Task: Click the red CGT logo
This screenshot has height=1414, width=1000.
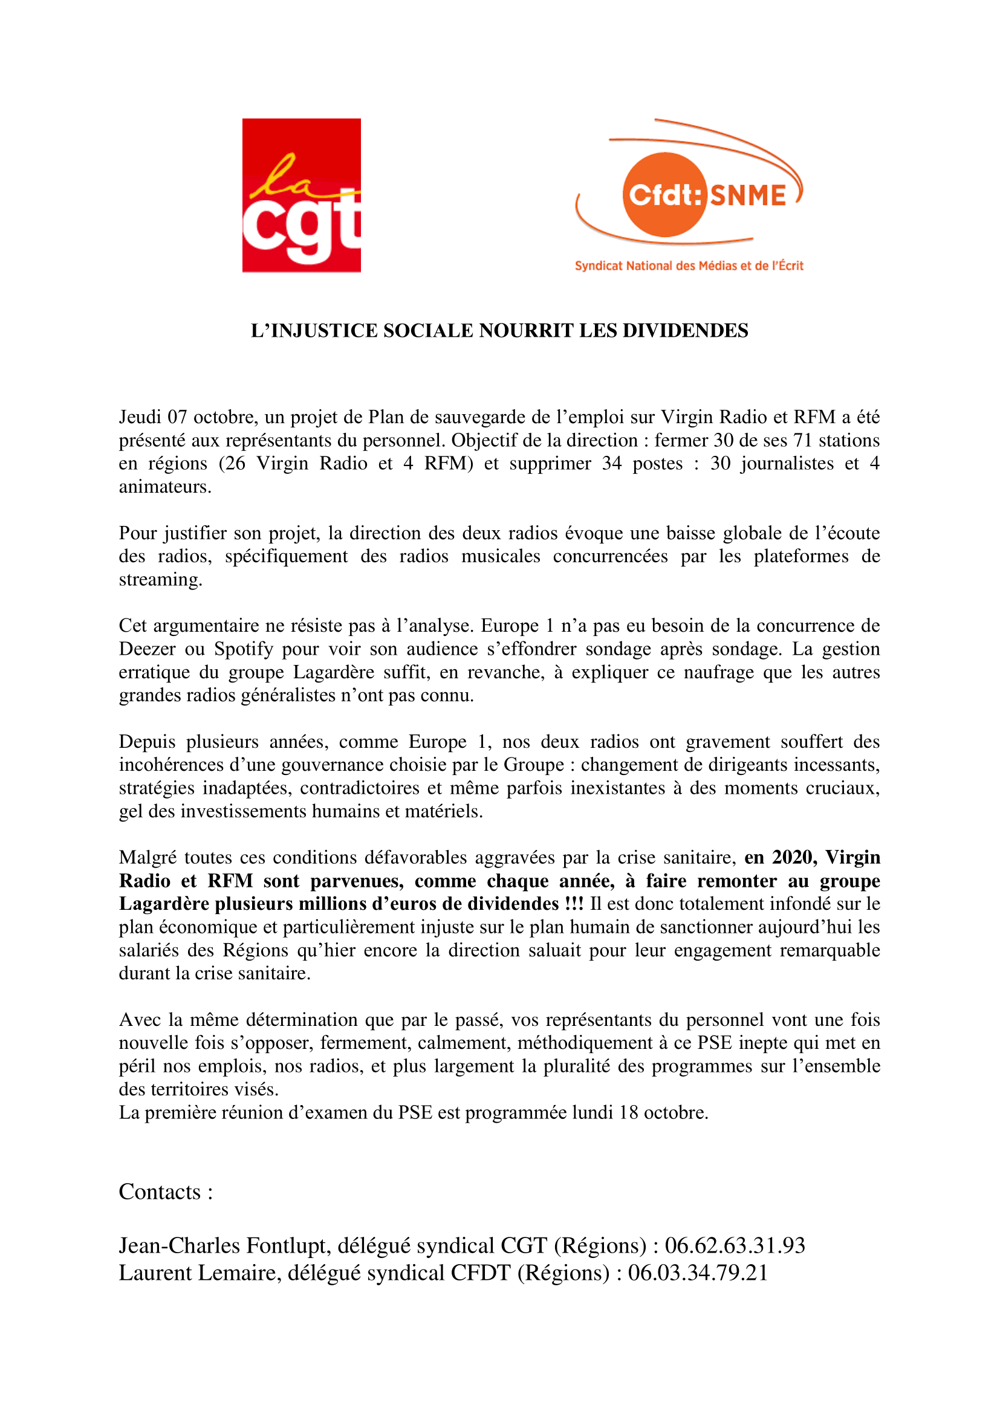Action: pos(301,195)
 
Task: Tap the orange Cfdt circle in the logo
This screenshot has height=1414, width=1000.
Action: pos(664,195)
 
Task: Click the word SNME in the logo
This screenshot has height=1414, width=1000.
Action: pos(748,196)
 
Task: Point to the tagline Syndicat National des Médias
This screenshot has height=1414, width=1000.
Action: pos(689,266)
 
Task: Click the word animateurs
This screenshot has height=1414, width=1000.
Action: pos(164,487)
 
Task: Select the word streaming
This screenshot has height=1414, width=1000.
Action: pos(160,580)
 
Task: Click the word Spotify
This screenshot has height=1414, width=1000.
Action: pos(243,649)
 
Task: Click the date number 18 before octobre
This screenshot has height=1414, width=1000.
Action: pos(628,1113)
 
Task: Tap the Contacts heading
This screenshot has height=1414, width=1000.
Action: pos(166,1192)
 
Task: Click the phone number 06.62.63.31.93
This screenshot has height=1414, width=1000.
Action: pos(735,1246)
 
